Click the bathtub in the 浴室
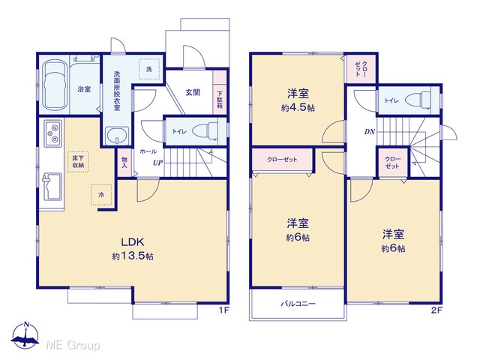tap(55, 85)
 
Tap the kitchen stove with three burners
tap(52, 133)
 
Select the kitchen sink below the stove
tap(52, 187)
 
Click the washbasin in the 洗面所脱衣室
tap(117, 135)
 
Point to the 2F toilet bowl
tap(418, 100)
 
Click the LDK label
tap(133, 242)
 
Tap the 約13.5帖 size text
tap(133, 256)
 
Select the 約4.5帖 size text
tap(298, 108)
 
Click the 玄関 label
tap(193, 92)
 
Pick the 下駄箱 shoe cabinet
tap(220, 92)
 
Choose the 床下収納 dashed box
tap(78, 161)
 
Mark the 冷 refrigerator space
tap(101, 195)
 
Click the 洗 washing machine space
tap(149, 69)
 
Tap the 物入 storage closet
tap(124, 163)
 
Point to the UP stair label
tap(158, 163)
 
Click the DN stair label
tap(370, 132)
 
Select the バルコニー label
tap(298, 304)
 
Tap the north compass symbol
tap(25, 335)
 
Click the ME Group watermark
tap(73, 345)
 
